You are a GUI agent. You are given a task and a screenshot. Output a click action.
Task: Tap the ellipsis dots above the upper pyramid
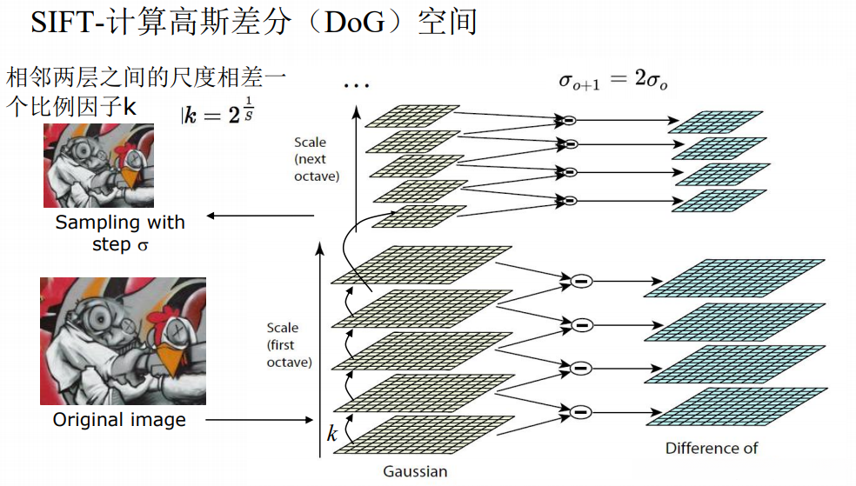click(x=357, y=85)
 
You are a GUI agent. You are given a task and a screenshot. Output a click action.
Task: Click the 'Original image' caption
click(x=119, y=420)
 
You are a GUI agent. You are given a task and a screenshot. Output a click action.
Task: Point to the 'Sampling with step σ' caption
click(x=120, y=233)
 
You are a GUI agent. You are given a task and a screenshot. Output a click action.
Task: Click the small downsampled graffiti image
click(x=98, y=165)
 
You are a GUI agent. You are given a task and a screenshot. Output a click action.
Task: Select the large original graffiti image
click(x=123, y=341)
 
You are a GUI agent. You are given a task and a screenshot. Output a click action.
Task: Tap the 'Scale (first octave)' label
click(x=289, y=344)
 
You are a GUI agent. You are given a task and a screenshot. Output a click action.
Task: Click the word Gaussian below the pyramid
click(x=415, y=472)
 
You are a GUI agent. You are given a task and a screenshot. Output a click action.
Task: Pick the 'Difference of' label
click(x=712, y=449)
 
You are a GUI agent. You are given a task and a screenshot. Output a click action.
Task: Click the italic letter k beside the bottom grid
click(x=331, y=434)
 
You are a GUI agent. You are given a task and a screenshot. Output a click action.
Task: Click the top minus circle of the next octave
click(x=569, y=120)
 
